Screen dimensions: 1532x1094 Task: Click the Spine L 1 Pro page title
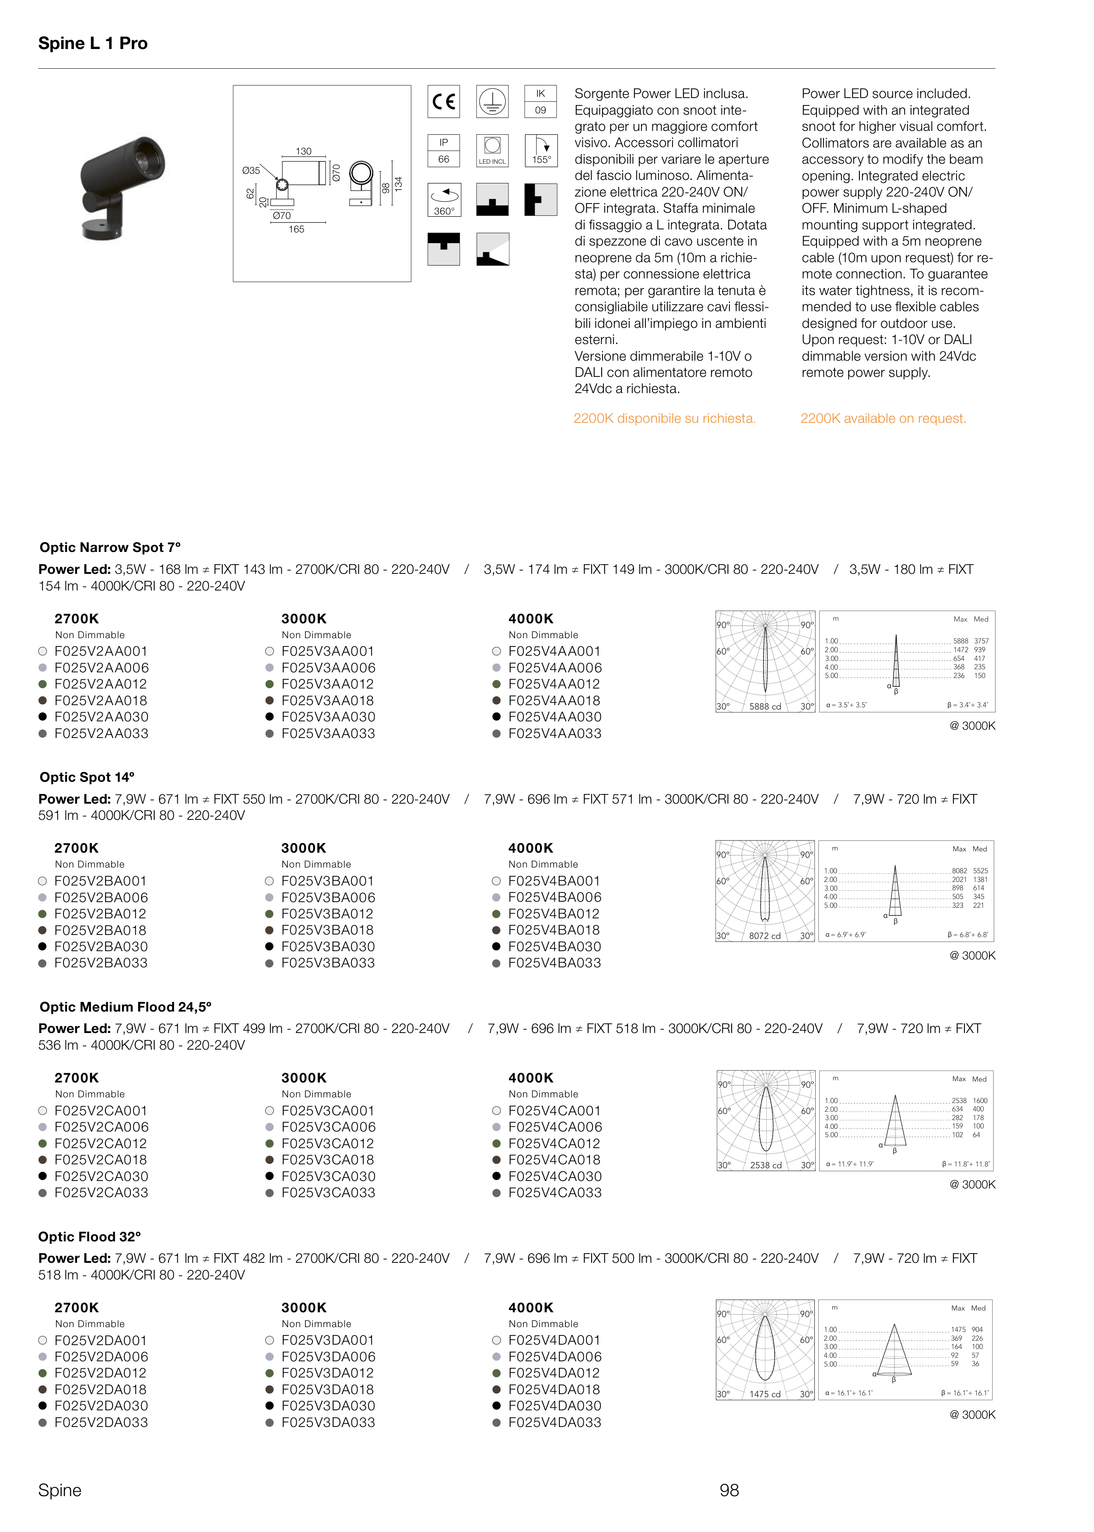[x=93, y=43]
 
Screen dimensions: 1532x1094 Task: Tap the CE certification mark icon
[x=444, y=102]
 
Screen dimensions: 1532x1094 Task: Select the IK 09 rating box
[x=540, y=102]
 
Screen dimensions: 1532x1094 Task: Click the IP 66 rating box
[x=444, y=150]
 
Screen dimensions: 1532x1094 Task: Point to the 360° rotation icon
[x=444, y=200]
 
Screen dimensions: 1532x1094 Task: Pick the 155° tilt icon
[x=540, y=150]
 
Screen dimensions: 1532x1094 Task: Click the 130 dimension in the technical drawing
[x=304, y=151]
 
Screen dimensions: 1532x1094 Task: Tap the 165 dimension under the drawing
[x=296, y=230]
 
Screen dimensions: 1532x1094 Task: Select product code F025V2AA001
[x=101, y=651]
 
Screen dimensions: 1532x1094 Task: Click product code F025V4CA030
[x=554, y=1176]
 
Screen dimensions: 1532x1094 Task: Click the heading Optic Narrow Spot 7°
[x=110, y=548]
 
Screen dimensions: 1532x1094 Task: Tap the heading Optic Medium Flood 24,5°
[x=125, y=1007]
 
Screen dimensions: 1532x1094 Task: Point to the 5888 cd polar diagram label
[x=765, y=707]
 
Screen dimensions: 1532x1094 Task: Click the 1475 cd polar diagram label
[x=765, y=1395]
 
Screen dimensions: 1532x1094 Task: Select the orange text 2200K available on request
[x=883, y=418]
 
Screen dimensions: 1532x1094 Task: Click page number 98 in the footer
[x=729, y=1490]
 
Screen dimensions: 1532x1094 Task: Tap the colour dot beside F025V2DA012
[x=42, y=1373]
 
